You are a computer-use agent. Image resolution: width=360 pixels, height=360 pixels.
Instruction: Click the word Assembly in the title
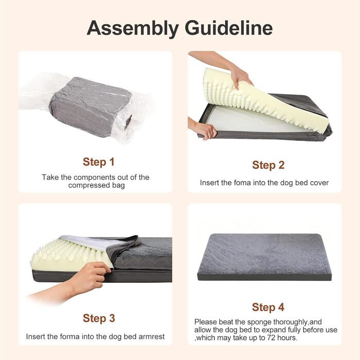point(133,28)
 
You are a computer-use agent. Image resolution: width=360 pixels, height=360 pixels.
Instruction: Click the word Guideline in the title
point(229,28)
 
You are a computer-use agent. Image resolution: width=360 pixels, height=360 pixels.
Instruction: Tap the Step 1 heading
point(99,162)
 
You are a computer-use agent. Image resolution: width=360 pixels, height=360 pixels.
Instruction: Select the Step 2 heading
point(268,165)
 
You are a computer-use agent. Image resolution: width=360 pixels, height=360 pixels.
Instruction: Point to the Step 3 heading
point(99,318)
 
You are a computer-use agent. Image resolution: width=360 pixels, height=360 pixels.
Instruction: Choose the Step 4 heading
point(268,307)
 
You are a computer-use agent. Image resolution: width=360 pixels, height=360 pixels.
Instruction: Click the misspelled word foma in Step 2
point(242,183)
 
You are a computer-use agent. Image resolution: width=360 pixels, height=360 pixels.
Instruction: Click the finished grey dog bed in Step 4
point(264,257)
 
